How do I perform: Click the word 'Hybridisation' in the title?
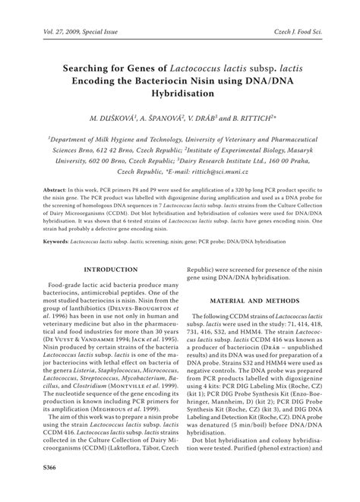tap(180, 93)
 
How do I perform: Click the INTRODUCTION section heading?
tap(104, 270)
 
